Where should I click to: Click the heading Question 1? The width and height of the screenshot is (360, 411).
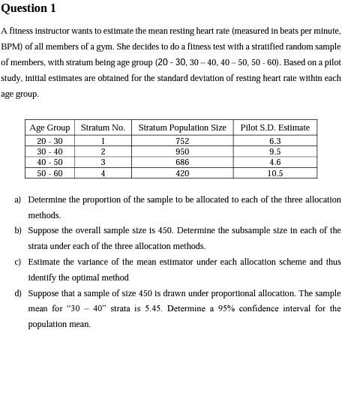[x=28, y=8]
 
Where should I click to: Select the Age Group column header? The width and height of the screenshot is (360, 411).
[x=49, y=127]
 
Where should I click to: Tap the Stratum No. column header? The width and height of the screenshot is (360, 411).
[x=103, y=127]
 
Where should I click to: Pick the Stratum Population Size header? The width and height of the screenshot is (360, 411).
[x=182, y=127]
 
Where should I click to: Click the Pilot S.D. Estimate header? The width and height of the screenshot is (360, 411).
[x=274, y=127]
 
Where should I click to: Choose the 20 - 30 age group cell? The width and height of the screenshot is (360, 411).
[x=49, y=141]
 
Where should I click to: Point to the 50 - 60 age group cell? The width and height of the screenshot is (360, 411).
[x=49, y=173]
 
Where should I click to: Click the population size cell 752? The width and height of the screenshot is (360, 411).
[x=182, y=141]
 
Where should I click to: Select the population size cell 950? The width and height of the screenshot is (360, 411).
[x=182, y=151]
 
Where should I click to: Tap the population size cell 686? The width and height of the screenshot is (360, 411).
[x=182, y=162]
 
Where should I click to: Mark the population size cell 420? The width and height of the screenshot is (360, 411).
[x=182, y=173]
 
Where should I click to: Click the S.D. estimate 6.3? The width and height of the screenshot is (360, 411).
[x=274, y=141]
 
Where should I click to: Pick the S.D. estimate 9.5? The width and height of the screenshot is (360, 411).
[x=274, y=151]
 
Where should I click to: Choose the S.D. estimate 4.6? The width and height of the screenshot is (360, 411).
[x=274, y=162]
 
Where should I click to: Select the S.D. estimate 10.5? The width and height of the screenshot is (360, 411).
[x=274, y=173]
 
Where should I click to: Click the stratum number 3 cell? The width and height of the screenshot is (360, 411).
[x=103, y=162]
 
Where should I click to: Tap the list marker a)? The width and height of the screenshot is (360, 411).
[x=18, y=200]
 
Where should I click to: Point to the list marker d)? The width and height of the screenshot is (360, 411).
[x=18, y=293]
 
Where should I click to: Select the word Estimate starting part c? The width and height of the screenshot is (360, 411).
[x=44, y=262]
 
